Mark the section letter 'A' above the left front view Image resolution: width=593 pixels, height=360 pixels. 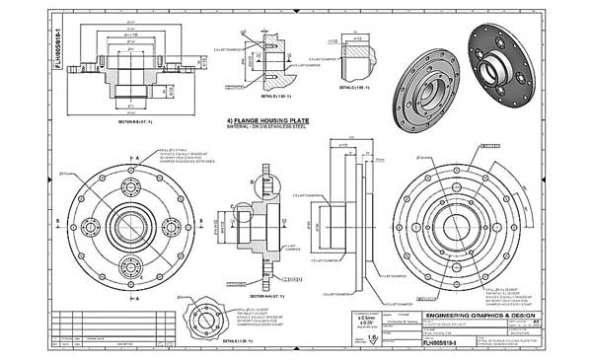tap(137, 148)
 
